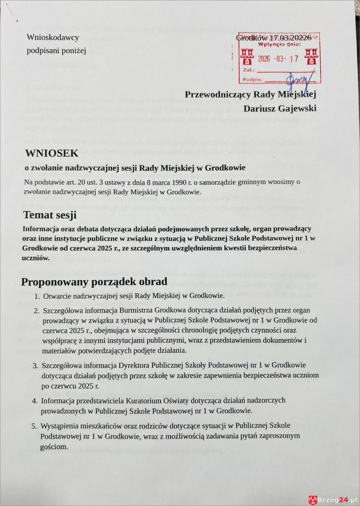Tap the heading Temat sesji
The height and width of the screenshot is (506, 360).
(50, 215)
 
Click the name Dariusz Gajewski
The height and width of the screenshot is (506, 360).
(280, 108)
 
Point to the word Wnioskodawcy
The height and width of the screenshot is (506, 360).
(53, 38)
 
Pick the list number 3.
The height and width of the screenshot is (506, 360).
(36, 365)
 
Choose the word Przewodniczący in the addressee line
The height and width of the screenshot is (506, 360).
(216, 94)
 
